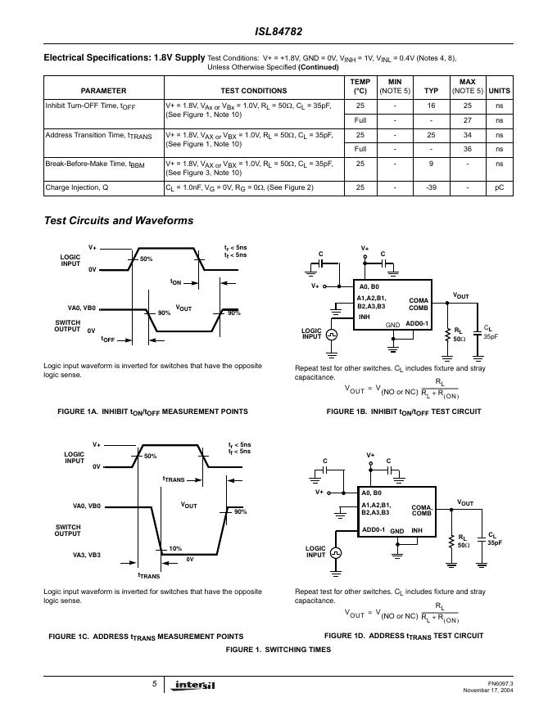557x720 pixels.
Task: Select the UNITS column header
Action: tap(500, 91)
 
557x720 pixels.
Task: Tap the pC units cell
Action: tap(500, 187)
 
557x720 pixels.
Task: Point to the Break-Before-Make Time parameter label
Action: tap(91, 164)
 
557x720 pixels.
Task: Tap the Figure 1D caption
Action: tap(404, 636)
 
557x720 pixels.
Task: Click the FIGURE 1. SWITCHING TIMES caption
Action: tap(278, 649)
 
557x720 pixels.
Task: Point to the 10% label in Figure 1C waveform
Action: tap(175, 549)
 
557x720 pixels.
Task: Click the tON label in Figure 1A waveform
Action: tap(176, 282)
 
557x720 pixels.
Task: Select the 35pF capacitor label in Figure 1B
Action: tap(491, 335)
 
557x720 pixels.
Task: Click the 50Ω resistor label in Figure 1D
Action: tap(464, 544)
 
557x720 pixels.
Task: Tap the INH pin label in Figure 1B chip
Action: tap(365, 317)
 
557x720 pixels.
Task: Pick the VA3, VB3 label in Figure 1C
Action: tap(84, 556)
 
